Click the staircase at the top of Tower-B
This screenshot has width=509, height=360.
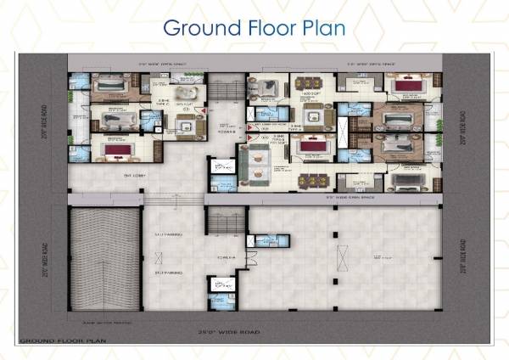pyautogui.click(x=224, y=90)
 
